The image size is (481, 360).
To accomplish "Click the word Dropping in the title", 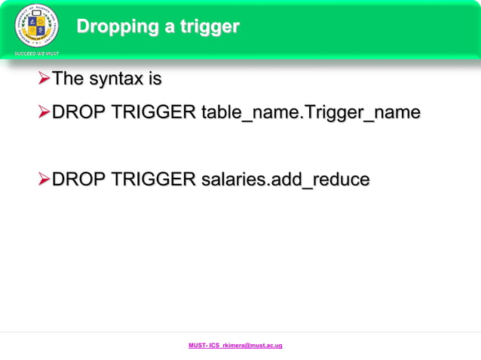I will (115, 27).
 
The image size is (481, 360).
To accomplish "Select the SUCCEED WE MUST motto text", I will (36, 53).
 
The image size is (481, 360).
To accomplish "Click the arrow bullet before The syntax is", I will (44, 78).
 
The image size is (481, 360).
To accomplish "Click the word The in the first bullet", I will (68, 78).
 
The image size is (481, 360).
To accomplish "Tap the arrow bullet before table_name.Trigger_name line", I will (44, 113).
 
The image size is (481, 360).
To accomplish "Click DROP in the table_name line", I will (78, 113).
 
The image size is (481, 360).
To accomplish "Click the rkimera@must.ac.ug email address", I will (253, 345).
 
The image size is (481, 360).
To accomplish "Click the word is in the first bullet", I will (155, 78).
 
